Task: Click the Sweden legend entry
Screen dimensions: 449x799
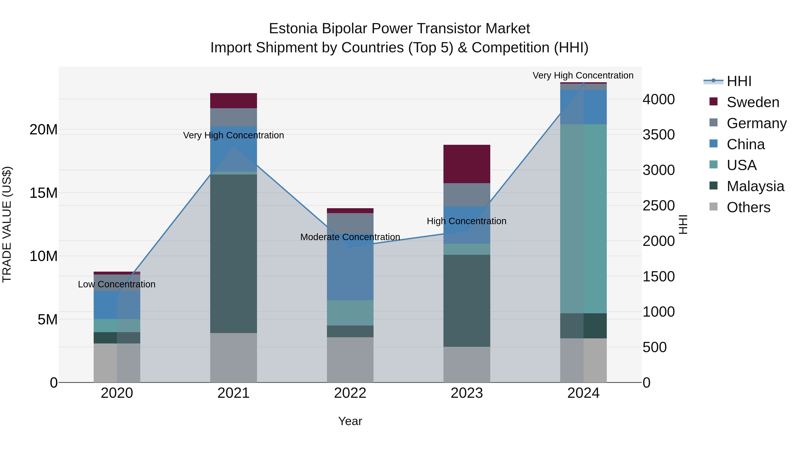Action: tap(752, 102)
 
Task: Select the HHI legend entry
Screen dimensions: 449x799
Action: tap(739, 81)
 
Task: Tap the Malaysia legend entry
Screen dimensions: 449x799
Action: tap(755, 186)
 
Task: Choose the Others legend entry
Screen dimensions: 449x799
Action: tap(748, 207)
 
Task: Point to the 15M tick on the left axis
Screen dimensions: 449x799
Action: tap(44, 193)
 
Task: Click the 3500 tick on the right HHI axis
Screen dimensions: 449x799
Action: tap(658, 135)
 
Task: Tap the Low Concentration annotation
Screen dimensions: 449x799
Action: tap(117, 284)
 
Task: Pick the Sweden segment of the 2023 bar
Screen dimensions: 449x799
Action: tap(467, 164)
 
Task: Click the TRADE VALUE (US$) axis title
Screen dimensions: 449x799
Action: tap(7, 224)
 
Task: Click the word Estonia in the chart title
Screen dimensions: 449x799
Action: tap(293, 29)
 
